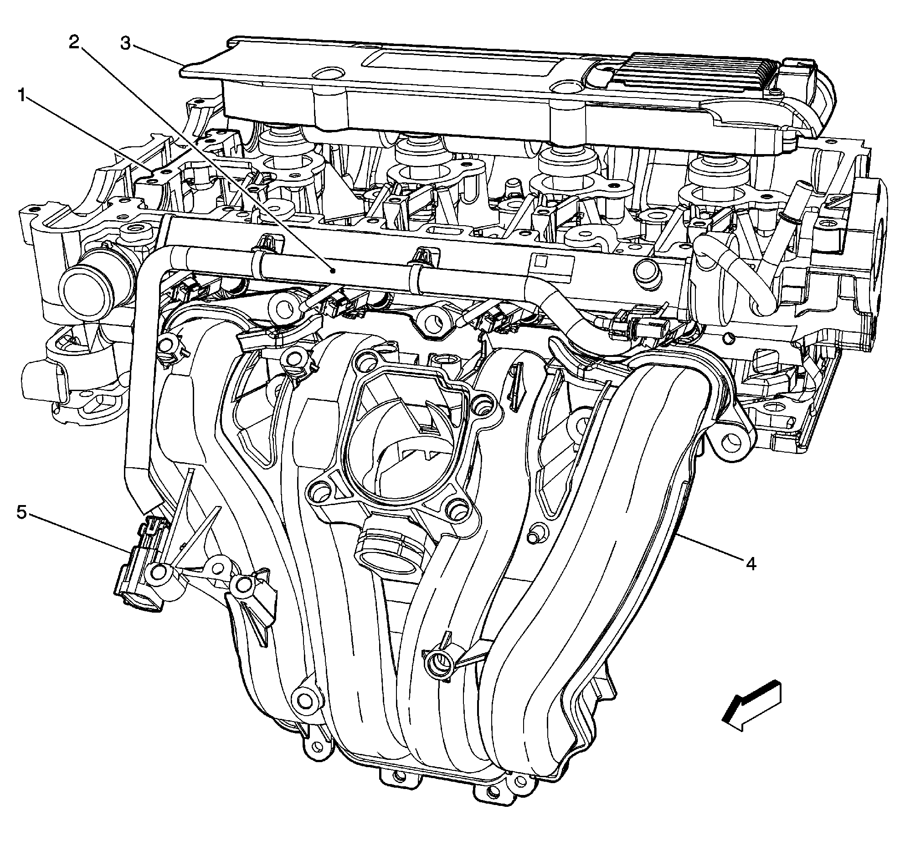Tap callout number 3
coord(126,44)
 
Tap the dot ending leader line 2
coord(334,271)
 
